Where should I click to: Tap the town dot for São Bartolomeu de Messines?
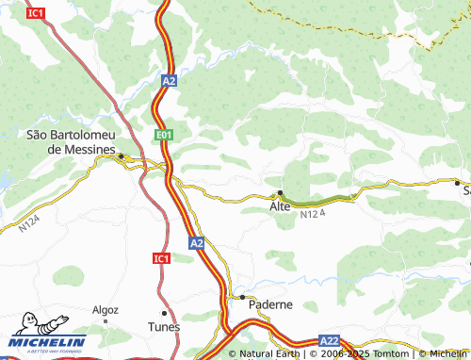121,155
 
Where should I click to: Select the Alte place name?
280,205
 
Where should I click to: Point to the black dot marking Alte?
280,193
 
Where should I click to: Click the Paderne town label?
270,305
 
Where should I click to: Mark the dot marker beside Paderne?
242,297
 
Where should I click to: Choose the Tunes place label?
164,327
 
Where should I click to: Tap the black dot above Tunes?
164,313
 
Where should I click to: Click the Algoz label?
106,309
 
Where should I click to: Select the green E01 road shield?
165,137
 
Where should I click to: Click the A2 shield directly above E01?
168,82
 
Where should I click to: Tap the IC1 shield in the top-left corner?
36,13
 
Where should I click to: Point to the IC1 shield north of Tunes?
161,257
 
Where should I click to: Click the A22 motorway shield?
329,340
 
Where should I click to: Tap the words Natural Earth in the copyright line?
270,354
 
